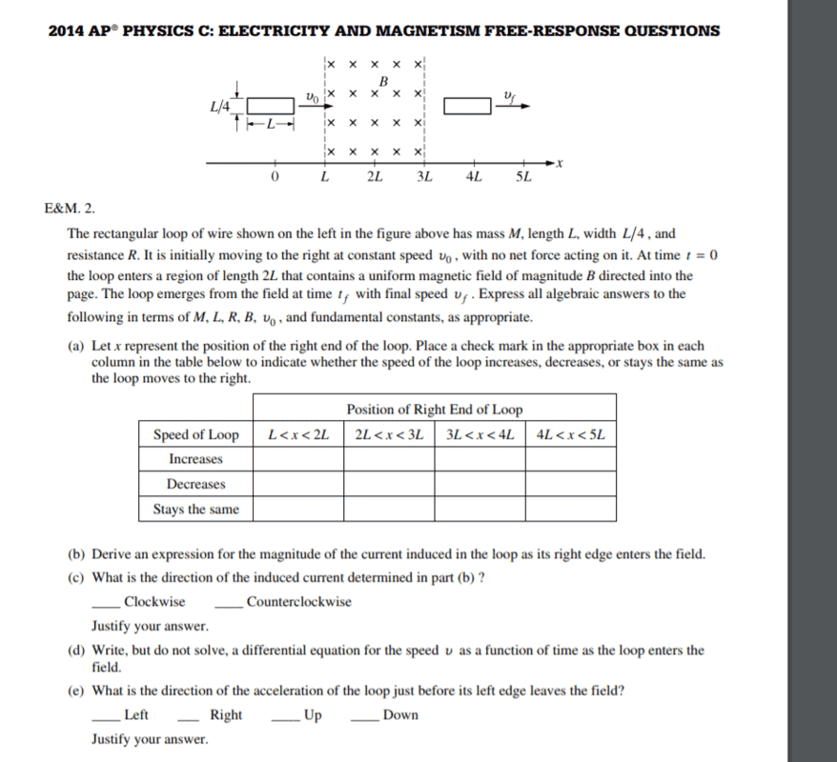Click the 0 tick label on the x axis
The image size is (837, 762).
pos(275,178)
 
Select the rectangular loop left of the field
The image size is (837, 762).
pos(272,104)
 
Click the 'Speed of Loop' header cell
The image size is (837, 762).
pos(196,435)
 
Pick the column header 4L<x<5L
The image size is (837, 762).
pos(570,435)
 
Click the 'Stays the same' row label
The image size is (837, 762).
pos(196,510)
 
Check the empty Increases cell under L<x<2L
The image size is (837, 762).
pos(298,460)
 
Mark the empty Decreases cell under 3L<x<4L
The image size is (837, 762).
pos(480,485)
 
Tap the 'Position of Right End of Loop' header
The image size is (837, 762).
pos(435,410)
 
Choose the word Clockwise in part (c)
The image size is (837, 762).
pos(154,602)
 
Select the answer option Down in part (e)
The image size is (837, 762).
pos(400,715)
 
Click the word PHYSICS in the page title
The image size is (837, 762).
pos(170,30)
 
